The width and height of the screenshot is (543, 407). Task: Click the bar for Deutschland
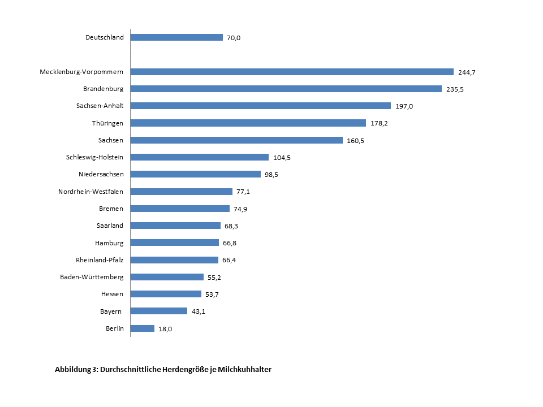click(176, 37)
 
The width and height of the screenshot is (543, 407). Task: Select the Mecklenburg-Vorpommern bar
click(292, 72)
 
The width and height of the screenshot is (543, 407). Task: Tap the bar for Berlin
click(143, 328)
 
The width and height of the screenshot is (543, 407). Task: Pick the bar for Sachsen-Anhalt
click(260, 106)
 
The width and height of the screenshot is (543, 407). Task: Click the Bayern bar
click(159, 311)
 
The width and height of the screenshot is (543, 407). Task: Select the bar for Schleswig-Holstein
click(200, 157)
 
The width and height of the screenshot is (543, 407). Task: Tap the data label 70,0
click(234, 38)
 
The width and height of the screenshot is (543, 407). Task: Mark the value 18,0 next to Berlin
click(165, 328)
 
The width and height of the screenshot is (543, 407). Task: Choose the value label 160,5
click(355, 140)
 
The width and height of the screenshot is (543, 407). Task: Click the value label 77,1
click(243, 192)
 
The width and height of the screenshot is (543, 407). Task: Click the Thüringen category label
click(107, 123)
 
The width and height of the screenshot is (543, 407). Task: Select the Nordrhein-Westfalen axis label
click(90, 191)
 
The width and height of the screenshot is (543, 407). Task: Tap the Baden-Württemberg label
click(92, 276)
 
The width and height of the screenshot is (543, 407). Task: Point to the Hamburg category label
click(109, 243)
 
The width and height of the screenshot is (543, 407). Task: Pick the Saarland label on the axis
click(110, 226)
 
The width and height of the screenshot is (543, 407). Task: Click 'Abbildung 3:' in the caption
click(76, 370)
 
